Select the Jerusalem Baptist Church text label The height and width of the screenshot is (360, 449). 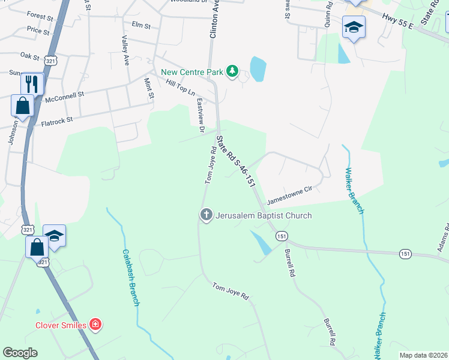point(264,215)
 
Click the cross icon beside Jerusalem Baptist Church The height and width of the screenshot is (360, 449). point(206,215)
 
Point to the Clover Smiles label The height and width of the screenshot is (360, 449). point(59,325)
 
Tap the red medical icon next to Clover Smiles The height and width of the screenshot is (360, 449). point(95,325)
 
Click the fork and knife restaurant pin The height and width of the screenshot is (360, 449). point(32,83)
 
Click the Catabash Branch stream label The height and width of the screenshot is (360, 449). point(131,278)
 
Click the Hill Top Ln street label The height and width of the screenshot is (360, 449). point(180,89)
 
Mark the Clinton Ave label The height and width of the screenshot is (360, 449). point(212,19)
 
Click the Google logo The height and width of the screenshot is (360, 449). point(20,353)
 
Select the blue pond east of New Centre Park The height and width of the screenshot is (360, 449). point(258,69)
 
